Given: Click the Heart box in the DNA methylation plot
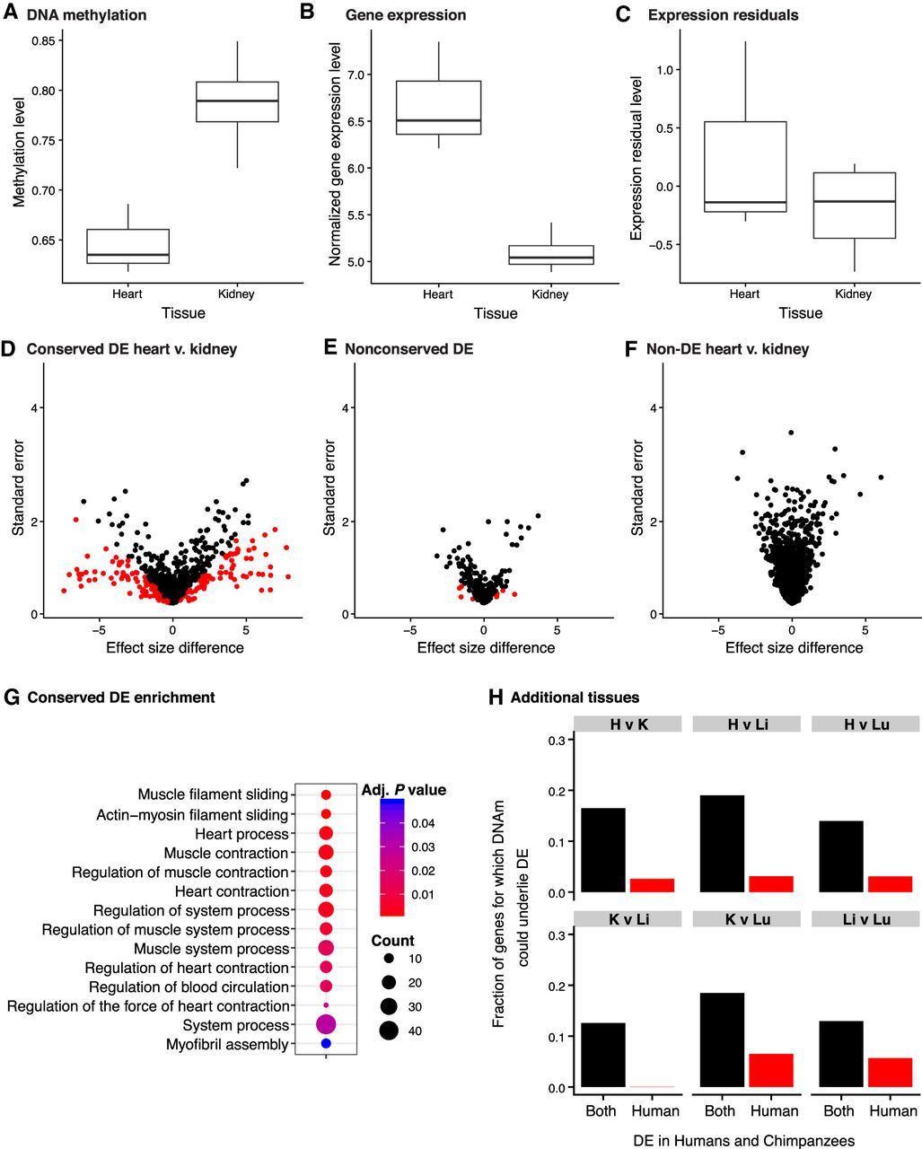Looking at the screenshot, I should [127, 247].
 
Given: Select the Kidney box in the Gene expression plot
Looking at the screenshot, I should [549, 255].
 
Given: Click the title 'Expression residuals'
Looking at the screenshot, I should [723, 15].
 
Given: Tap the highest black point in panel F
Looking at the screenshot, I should [791, 433].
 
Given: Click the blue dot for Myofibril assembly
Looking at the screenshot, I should [326, 1044].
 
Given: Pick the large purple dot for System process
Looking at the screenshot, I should [325, 1024].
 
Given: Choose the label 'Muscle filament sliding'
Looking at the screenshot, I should [213, 794].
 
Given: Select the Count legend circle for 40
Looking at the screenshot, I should [389, 1031].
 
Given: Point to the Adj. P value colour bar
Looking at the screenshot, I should [392, 857].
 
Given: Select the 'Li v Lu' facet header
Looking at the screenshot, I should [866, 918].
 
